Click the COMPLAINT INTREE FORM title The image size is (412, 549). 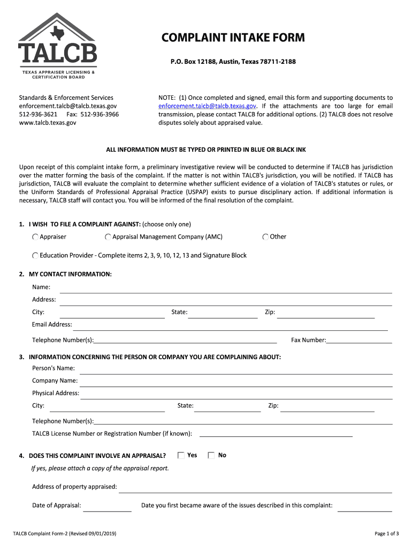point(233,38)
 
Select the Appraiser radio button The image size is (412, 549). point(35,237)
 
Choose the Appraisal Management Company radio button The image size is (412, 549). point(108,237)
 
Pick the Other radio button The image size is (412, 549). point(265,237)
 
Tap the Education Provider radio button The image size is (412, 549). point(35,256)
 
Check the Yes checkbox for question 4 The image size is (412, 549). point(181,455)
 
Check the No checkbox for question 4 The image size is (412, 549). point(211,455)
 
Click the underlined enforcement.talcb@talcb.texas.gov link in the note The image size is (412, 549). point(207,106)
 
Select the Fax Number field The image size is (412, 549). point(359,340)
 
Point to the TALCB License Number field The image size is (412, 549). point(276,433)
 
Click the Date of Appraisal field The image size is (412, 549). point(107,507)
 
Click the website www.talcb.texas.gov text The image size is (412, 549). point(48,123)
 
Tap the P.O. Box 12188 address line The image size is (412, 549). point(233,62)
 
